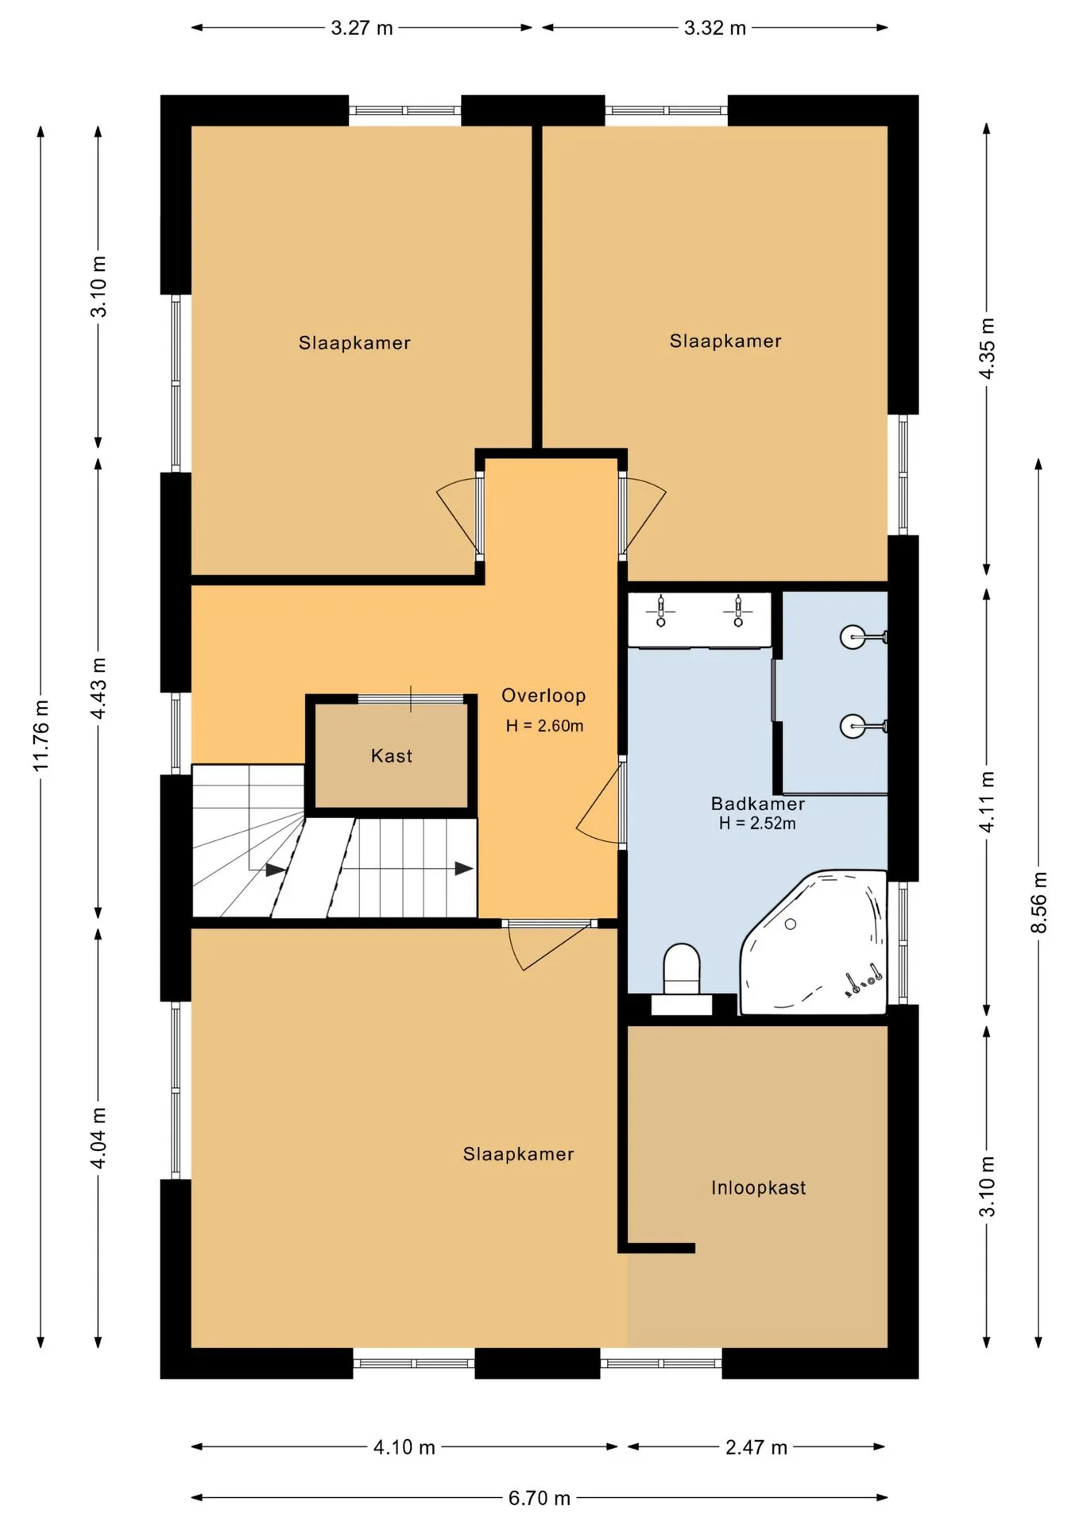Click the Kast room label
click(392, 755)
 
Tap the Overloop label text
click(543, 696)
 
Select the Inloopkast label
click(758, 1187)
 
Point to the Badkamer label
click(757, 804)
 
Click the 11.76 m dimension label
click(41, 735)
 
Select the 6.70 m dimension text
click(539, 1498)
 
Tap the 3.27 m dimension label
click(362, 28)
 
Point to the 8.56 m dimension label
click(1039, 902)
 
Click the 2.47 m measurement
click(756, 1447)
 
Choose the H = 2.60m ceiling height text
click(544, 725)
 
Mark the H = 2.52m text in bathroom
click(757, 823)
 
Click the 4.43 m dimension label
click(99, 688)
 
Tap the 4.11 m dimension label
click(987, 801)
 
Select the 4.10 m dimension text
click(404, 1447)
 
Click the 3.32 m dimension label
click(714, 28)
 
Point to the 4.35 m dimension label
click(987, 349)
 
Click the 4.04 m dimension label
click(99, 1138)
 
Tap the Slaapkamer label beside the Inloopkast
click(518, 1154)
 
